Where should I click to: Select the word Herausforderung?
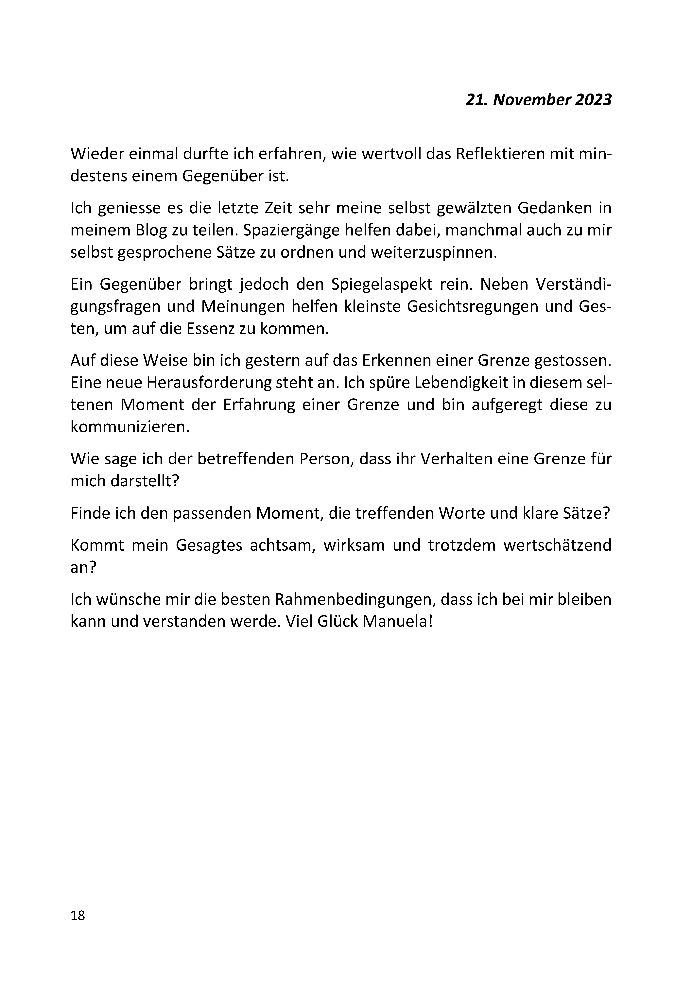pos(210,383)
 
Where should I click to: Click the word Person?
pos(325,459)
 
